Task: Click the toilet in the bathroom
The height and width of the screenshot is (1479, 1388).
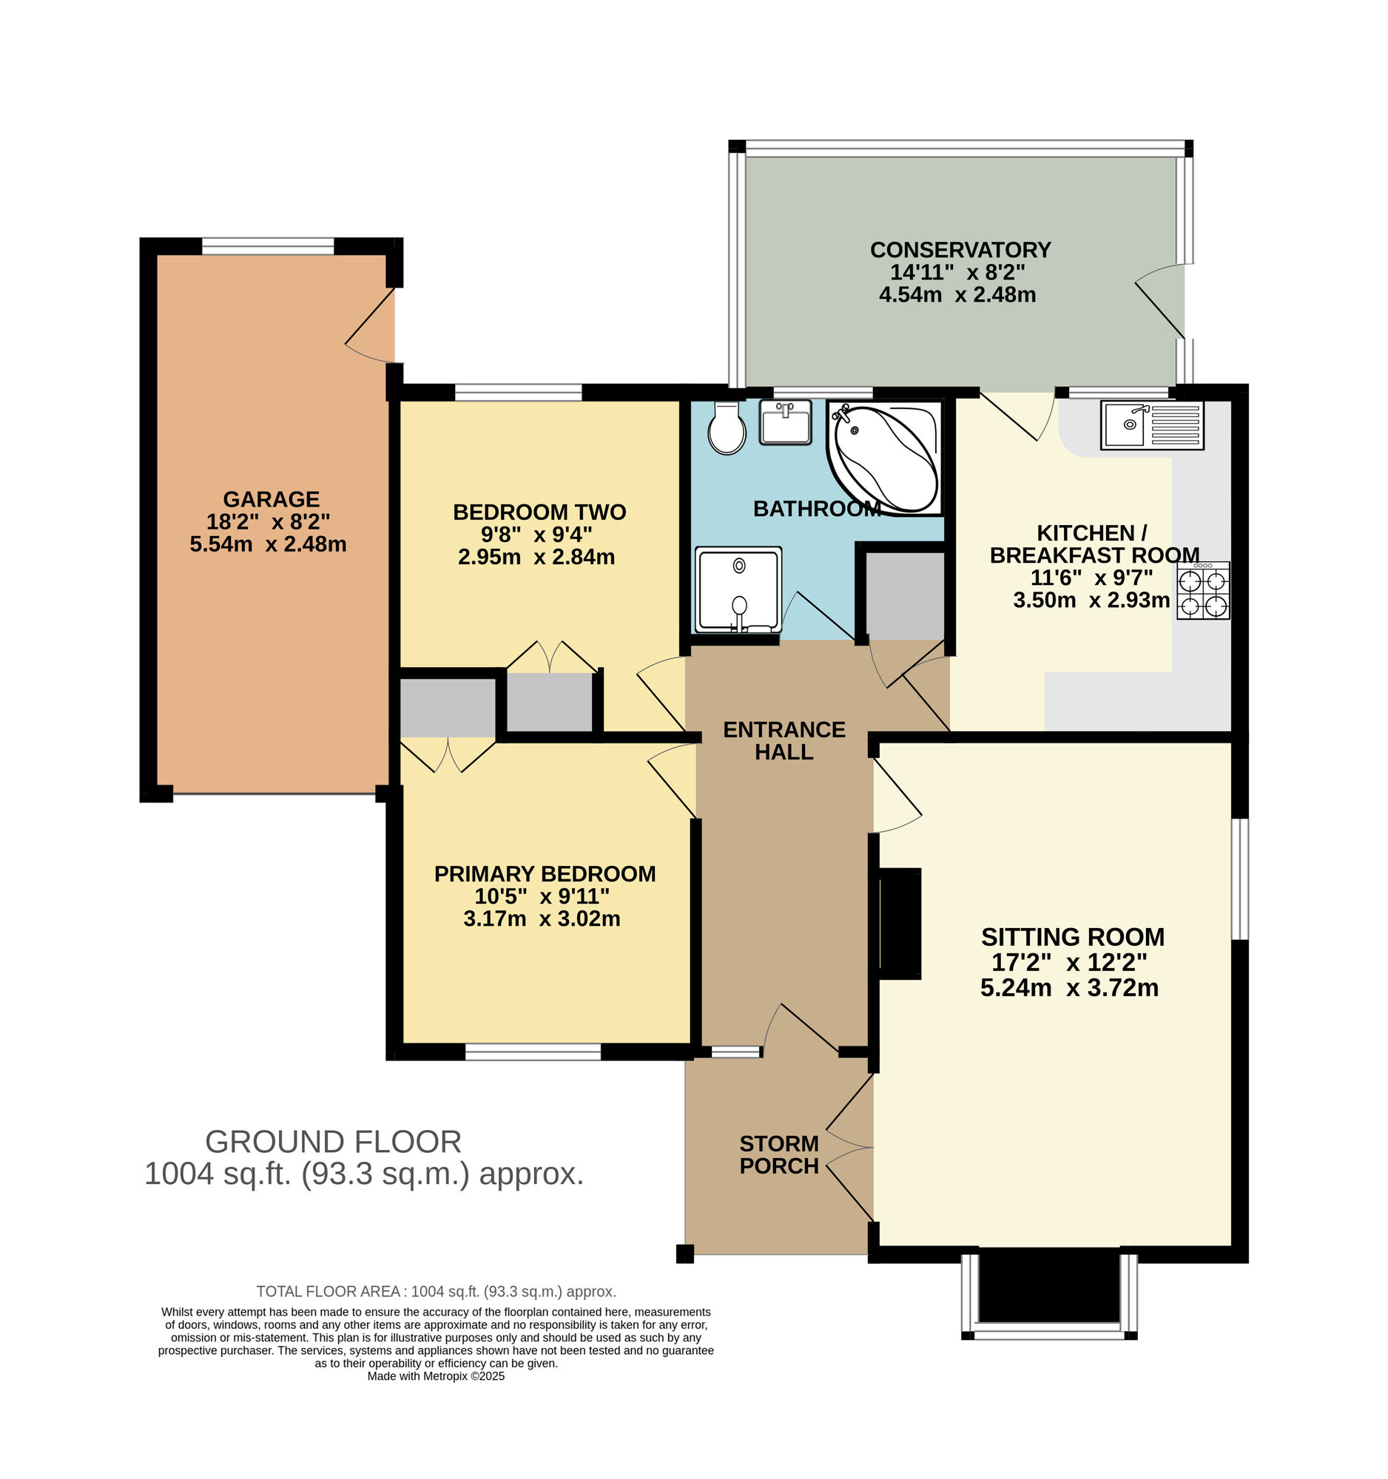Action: [x=727, y=427]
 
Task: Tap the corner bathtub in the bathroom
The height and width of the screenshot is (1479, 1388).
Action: [x=884, y=457]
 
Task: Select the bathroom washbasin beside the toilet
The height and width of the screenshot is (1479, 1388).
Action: [x=785, y=422]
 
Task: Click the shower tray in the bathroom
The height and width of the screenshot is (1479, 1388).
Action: [x=738, y=590]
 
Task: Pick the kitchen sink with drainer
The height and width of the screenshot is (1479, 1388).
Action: [x=1151, y=424]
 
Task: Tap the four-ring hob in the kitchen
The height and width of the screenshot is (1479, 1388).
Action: [x=1203, y=591]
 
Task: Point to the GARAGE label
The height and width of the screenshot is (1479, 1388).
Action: [x=271, y=498]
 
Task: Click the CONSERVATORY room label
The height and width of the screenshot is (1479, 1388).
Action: [x=960, y=249]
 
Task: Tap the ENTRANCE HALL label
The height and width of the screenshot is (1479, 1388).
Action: [x=784, y=740]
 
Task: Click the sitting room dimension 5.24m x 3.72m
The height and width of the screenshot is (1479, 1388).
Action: [x=1069, y=987]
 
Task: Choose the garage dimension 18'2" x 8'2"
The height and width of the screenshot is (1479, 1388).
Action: [x=268, y=521]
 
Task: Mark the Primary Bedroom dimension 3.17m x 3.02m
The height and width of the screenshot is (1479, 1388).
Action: [x=542, y=918]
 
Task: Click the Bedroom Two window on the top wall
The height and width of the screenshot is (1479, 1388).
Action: [x=518, y=392]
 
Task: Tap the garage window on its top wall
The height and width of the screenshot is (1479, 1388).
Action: [x=268, y=246]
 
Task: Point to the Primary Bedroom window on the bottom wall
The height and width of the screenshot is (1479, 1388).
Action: [x=533, y=1052]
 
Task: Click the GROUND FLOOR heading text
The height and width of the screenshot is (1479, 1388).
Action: [x=334, y=1141]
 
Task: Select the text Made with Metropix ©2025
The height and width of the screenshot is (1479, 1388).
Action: [x=436, y=1375]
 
